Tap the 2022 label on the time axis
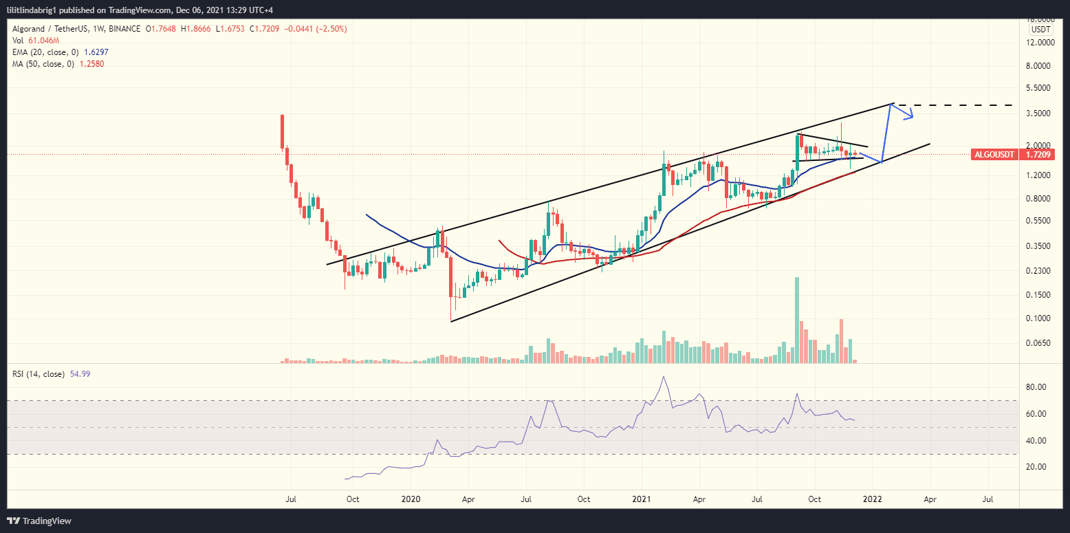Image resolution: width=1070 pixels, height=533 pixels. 873,499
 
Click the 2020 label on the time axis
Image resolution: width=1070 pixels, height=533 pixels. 410,499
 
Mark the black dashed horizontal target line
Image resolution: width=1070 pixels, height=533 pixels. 956,105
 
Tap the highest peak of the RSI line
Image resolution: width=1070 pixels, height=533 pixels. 664,377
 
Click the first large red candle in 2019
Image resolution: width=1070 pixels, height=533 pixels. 282,131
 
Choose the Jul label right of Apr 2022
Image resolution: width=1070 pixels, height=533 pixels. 989,499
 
